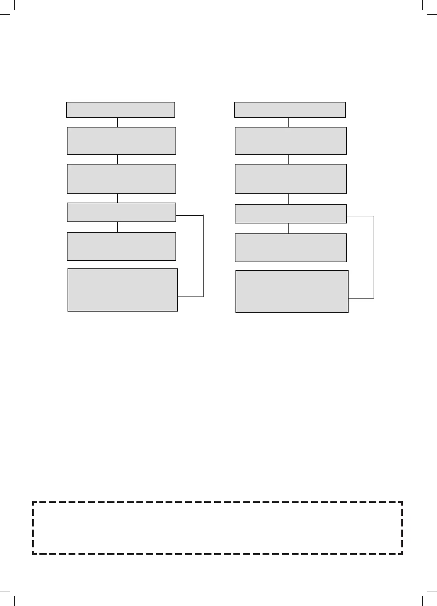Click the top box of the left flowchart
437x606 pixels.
click(121, 110)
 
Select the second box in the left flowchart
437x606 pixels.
click(121, 141)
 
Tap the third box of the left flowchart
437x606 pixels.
click(121, 179)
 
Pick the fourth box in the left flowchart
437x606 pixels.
click(121, 212)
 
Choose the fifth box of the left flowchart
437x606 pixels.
click(121, 246)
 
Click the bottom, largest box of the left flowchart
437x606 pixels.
click(123, 290)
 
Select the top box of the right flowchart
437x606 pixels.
click(290, 110)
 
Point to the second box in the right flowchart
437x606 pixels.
click(291, 141)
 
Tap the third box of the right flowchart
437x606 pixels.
click(291, 179)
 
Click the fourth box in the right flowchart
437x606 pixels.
click(291, 214)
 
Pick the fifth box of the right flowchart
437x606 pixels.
click(291, 248)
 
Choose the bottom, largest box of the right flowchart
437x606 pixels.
click(292, 291)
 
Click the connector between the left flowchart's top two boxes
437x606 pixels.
click(118, 122)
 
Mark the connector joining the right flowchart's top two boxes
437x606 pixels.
click(288, 122)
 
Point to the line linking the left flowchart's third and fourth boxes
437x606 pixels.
click(118, 198)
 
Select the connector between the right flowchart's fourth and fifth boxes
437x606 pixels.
click(288, 228)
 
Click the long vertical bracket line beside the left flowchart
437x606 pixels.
click(203, 256)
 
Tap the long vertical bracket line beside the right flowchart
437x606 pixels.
click(374, 257)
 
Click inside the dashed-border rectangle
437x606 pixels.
click(217, 528)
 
